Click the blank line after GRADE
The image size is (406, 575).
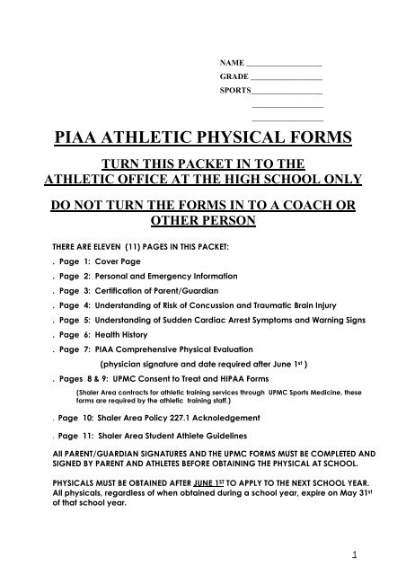coord(284,79)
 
